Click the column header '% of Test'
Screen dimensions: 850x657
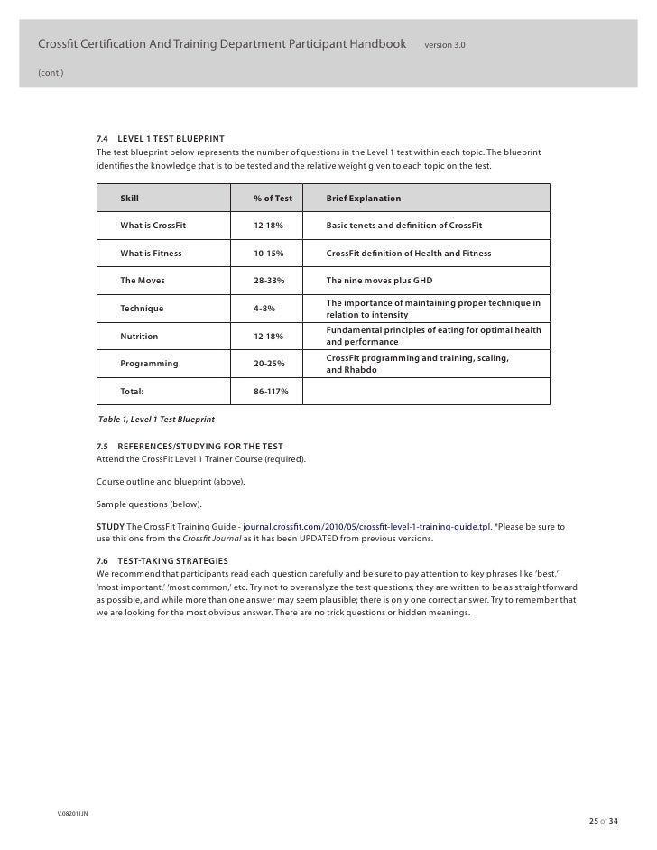click(x=273, y=198)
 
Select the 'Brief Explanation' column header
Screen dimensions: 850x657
click(x=363, y=198)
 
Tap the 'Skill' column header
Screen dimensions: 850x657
click(x=130, y=198)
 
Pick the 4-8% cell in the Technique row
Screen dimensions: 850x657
click(x=264, y=309)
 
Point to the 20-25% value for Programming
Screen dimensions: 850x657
click(x=269, y=364)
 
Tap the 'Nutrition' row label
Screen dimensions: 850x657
click(x=139, y=337)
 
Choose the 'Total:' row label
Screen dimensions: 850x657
click(x=133, y=392)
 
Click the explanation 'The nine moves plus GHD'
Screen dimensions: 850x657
click(x=380, y=281)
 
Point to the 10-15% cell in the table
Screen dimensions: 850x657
click(x=269, y=254)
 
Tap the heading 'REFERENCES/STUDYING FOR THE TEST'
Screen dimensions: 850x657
click(x=200, y=447)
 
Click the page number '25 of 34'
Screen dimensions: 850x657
click(x=604, y=820)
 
